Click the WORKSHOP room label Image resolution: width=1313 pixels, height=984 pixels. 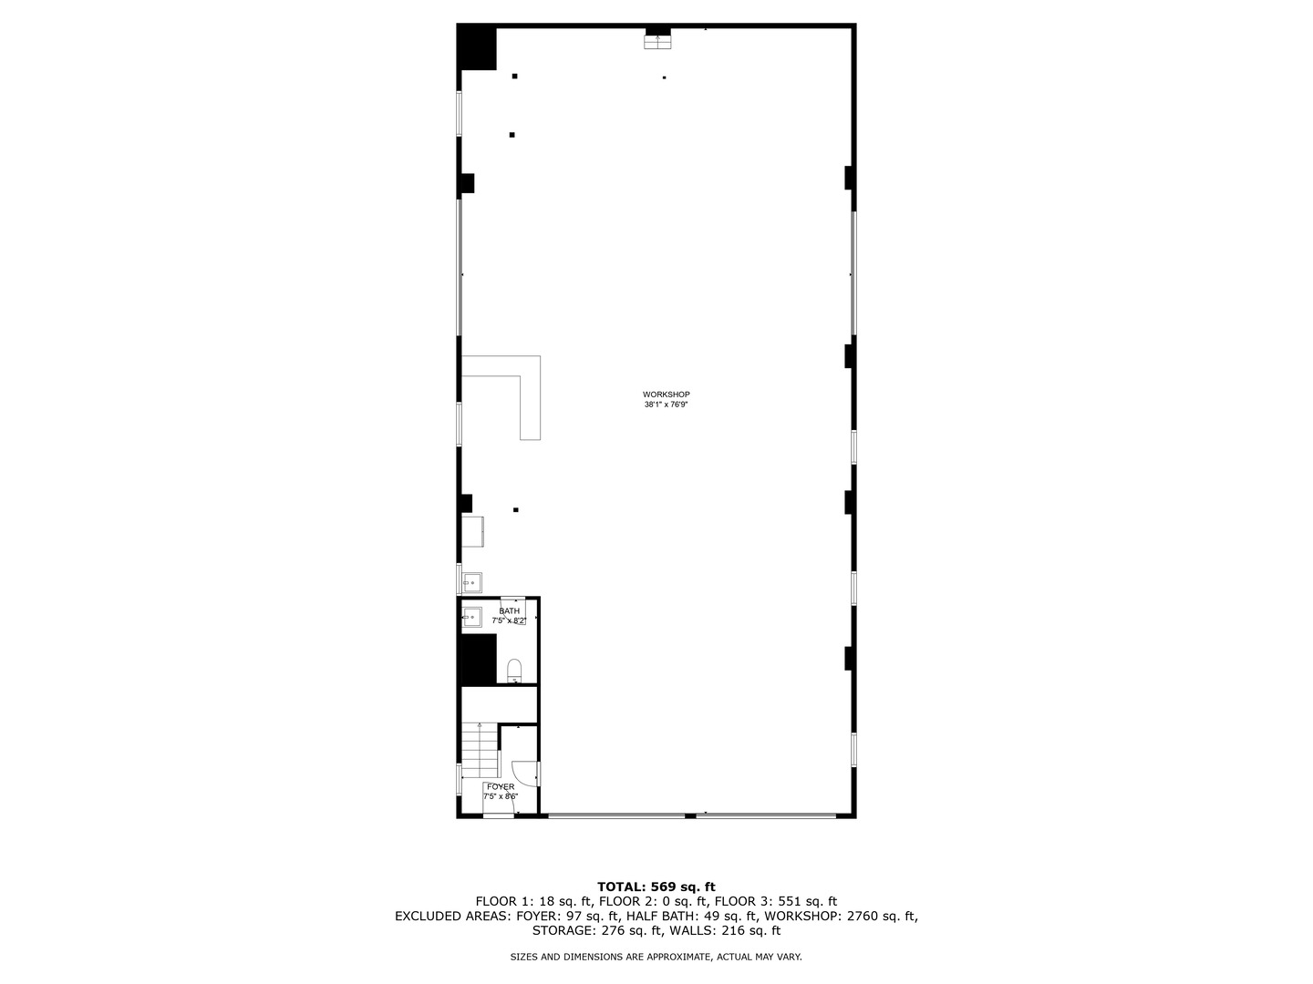pyautogui.click(x=666, y=395)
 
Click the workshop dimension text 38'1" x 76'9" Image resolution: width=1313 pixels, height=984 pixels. pyautogui.click(x=666, y=405)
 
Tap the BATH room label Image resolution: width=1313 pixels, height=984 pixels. pyautogui.click(x=509, y=610)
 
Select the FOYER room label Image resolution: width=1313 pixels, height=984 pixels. pyautogui.click(x=501, y=786)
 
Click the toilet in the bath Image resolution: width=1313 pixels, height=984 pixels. pyautogui.click(x=514, y=670)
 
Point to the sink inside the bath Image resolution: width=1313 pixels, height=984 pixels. pyautogui.click(x=471, y=617)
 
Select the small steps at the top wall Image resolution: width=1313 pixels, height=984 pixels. pyautogui.click(x=657, y=41)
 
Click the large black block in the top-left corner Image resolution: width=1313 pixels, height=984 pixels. pyautogui.click(x=477, y=48)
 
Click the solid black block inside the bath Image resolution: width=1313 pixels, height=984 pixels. pyautogui.click(x=479, y=659)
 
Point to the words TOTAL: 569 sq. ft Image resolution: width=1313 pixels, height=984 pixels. pyautogui.click(x=656, y=887)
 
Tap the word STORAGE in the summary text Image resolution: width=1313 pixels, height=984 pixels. pyautogui.click(x=564, y=930)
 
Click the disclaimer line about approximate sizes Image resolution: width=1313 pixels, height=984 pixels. pyautogui.click(x=656, y=957)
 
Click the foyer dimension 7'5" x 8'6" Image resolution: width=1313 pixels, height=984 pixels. pyautogui.click(x=501, y=796)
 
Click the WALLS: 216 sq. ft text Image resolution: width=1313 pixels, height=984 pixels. pyautogui.click(x=725, y=930)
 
